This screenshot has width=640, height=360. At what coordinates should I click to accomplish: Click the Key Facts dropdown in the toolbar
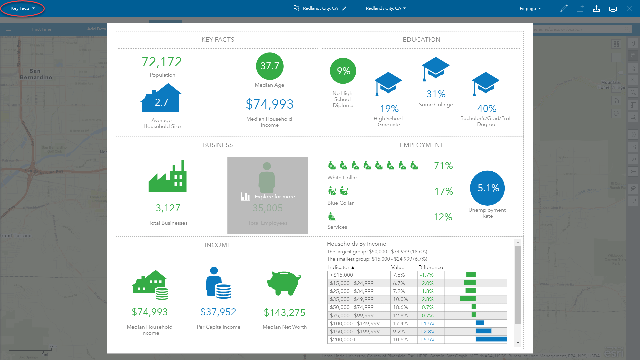coord(23,8)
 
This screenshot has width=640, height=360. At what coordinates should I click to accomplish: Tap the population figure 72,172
coord(162,62)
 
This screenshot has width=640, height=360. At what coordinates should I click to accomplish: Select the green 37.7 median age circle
coord(270,66)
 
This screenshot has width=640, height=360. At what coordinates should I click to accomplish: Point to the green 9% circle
coord(343,71)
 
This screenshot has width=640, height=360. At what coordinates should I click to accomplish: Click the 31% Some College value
coord(436,94)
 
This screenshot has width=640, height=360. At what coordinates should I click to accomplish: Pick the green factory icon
coord(168,176)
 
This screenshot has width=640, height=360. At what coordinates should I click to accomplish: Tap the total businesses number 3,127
coord(168,208)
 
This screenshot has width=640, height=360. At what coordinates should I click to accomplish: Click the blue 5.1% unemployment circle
coord(487,188)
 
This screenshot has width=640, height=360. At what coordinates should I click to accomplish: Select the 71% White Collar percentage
coord(443,166)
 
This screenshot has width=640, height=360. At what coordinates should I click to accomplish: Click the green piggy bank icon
coord(284,283)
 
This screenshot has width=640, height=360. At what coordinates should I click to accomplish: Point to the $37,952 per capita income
coord(218,312)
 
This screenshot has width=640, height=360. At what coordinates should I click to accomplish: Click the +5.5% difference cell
coord(428,340)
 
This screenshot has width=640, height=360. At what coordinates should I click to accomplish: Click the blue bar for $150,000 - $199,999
coord(483,331)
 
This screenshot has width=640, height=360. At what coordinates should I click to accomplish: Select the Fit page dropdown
coord(530,9)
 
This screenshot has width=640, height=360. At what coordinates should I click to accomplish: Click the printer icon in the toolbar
coord(613,9)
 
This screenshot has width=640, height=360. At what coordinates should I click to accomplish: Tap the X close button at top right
coord(629,9)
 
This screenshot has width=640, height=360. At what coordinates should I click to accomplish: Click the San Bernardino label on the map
coord(36,74)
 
